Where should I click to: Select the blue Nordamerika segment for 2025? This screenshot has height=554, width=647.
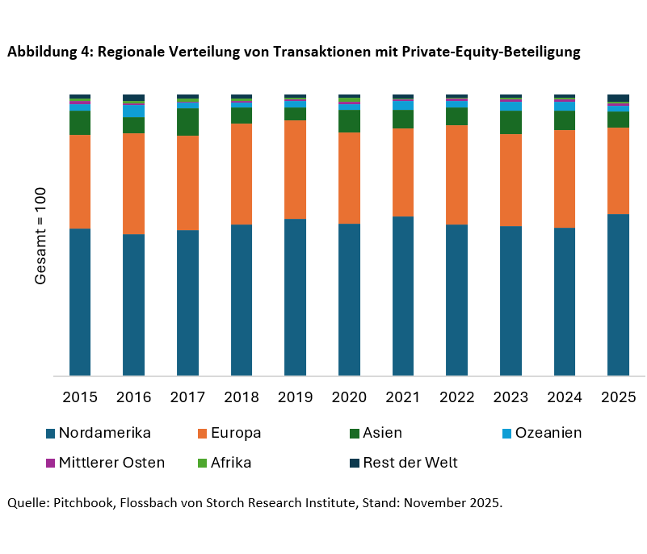pyautogui.click(x=618, y=295)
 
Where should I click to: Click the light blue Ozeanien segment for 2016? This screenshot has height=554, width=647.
pyautogui.click(x=133, y=111)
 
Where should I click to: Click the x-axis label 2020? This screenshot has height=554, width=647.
pyautogui.click(x=349, y=397)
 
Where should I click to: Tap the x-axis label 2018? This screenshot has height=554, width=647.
pyautogui.click(x=242, y=397)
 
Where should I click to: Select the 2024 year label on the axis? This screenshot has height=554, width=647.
pyautogui.click(x=565, y=397)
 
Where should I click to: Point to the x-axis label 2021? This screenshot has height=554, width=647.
pyautogui.click(x=403, y=397)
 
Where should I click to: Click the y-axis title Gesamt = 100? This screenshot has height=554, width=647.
pyautogui.click(x=41, y=235)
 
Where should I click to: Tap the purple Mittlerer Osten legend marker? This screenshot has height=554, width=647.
pyautogui.click(x=51, y=463)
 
